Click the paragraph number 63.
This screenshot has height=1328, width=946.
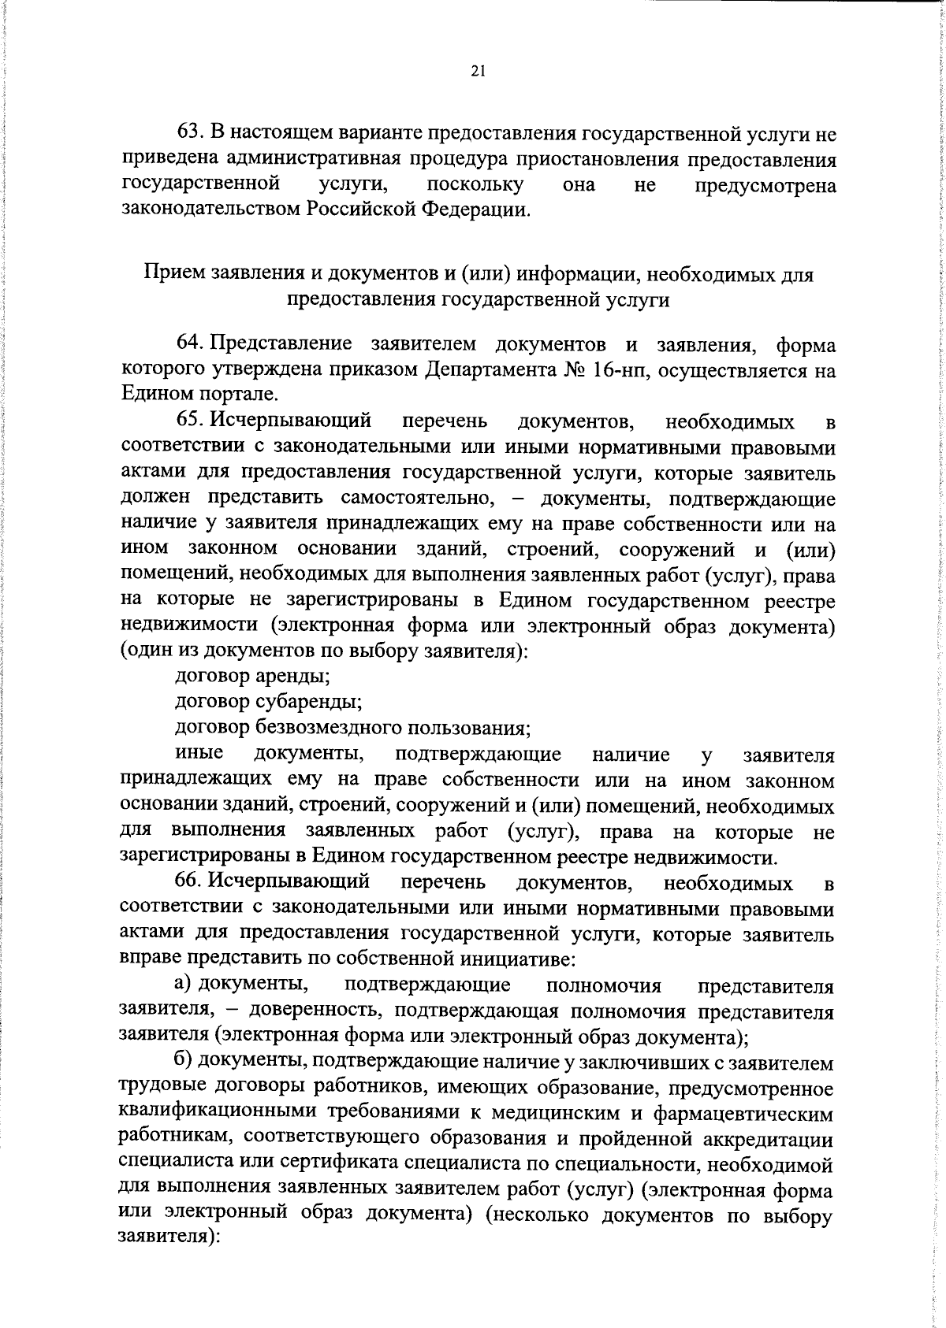[x=190, y=134]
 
